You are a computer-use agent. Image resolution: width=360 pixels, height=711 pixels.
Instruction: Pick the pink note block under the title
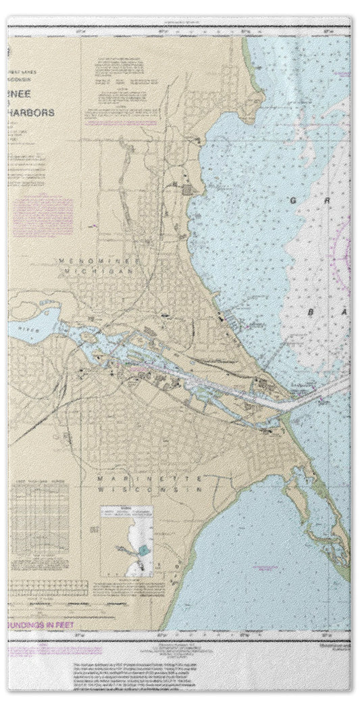coord(42,215)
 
